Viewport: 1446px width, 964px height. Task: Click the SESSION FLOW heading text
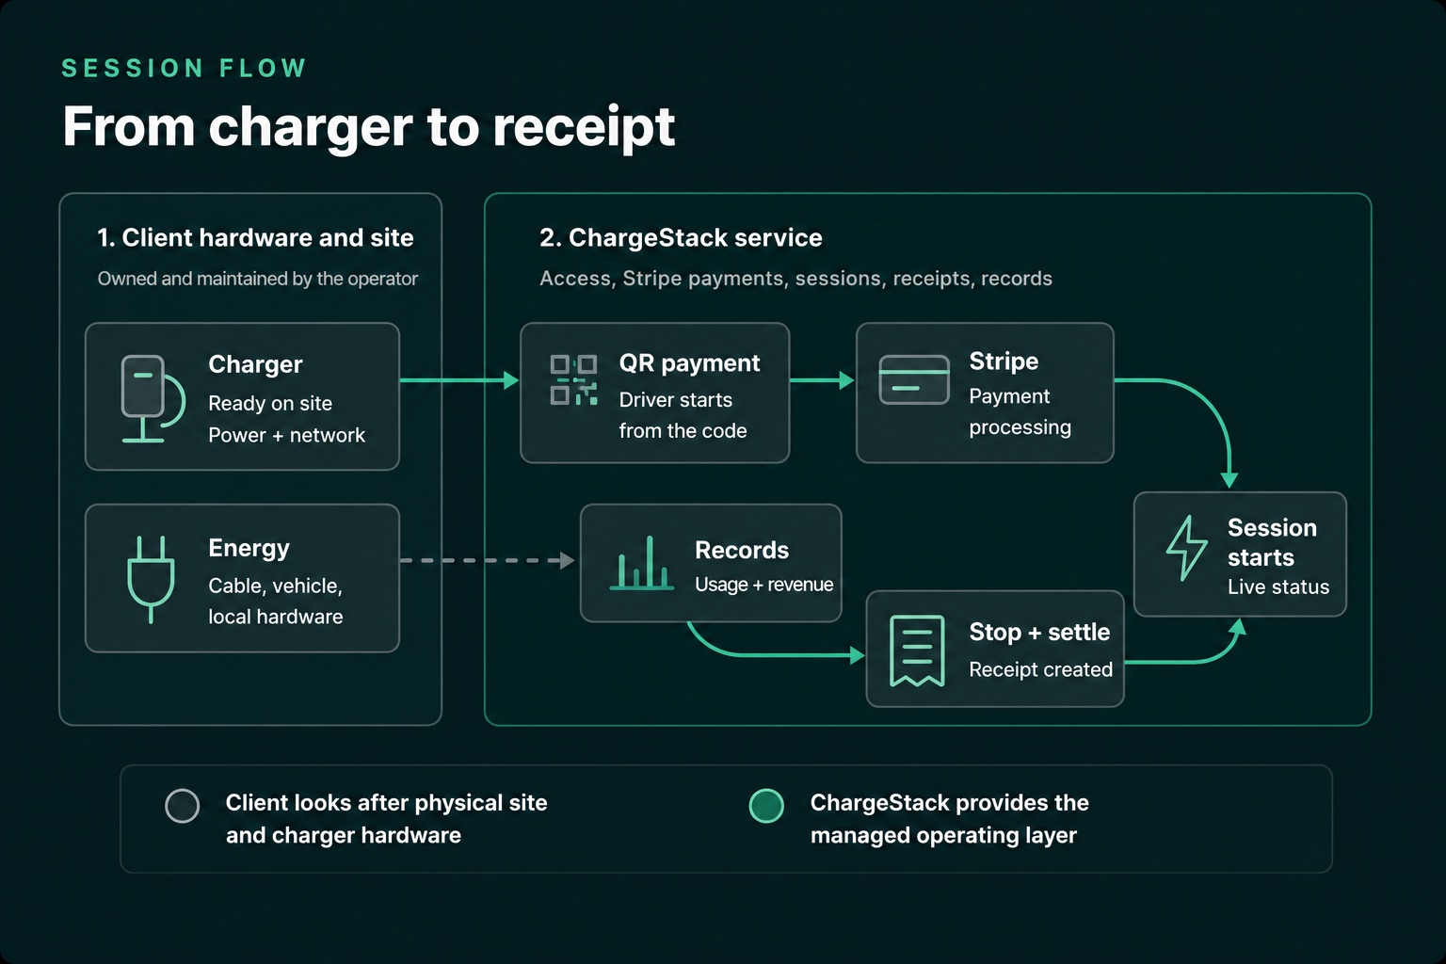[184, 68]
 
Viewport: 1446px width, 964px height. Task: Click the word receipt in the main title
[585, 128]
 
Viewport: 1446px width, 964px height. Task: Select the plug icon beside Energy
[151, 579]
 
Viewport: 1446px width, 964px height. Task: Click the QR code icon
[573, 379]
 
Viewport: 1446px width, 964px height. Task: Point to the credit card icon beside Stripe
[914, 379]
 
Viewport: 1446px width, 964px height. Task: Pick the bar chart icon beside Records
[642, 563]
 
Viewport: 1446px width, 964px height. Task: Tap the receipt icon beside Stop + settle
[917, 651]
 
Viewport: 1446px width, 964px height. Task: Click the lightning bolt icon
[1186, 548]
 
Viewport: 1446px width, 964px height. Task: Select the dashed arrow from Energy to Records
[488, 560]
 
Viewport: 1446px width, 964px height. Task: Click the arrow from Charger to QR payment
[459, 380]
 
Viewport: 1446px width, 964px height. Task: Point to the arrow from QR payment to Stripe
[823, 380]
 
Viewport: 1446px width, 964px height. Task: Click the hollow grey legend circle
[182, 806]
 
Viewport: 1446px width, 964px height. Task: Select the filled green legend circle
[766, 806]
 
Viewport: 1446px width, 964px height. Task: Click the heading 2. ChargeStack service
[681, 237]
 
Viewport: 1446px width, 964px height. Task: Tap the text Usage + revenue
[763, 585]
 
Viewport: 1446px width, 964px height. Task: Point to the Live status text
[1278, 586]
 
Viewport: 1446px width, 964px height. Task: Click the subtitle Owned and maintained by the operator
[258, 279]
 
